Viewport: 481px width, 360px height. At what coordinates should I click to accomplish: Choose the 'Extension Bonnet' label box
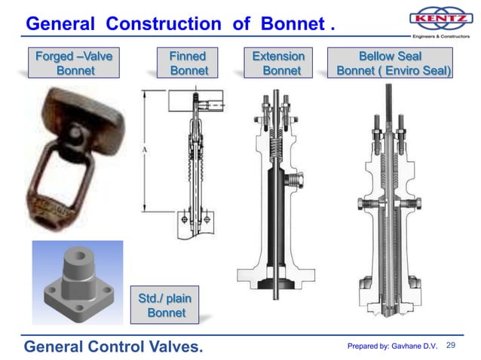pos(278,63)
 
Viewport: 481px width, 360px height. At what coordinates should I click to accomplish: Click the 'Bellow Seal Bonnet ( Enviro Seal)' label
pos(391,63)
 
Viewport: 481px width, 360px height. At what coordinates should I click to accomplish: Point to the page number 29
pos(452,345)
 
